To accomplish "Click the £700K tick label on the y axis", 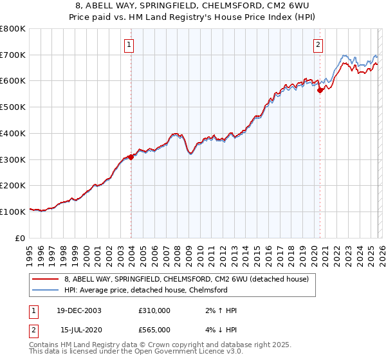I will point(13,55).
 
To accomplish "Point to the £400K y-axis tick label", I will point(13,134).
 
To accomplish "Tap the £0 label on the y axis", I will point(20,238).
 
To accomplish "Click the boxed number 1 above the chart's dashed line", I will point(131,44).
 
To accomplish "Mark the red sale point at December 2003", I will point(131,157).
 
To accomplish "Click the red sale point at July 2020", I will point(320,91).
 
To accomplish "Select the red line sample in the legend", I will point(45,279).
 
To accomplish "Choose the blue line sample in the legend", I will point(45,289).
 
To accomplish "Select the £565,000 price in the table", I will point(154,329).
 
